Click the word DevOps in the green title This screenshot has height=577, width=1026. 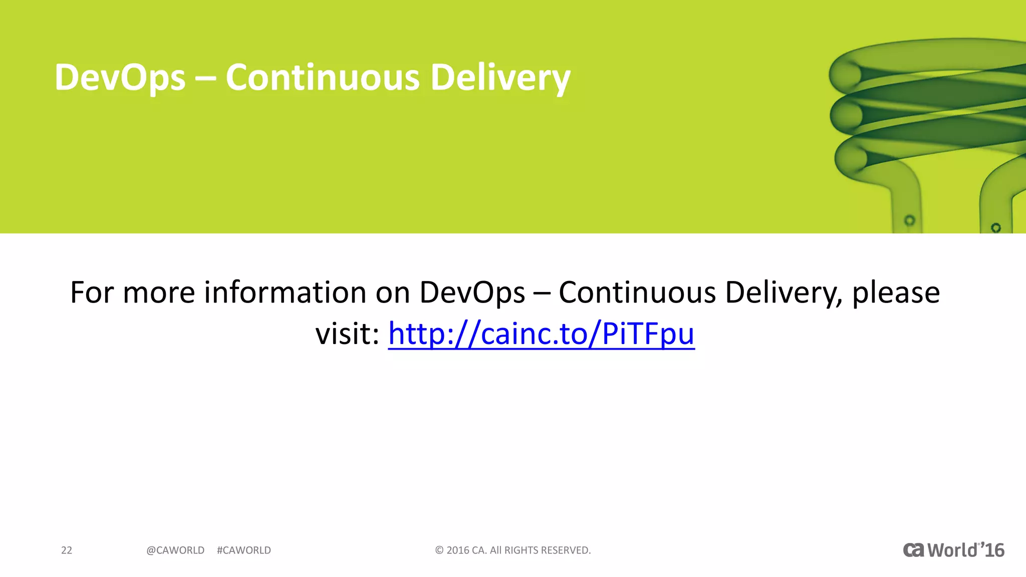coord(120,78)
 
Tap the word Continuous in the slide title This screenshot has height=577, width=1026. coord(323,78)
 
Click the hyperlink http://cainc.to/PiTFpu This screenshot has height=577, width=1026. coord(541,334)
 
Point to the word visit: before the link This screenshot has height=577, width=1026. coord(347,334)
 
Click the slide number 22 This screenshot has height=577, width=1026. coord(67,550)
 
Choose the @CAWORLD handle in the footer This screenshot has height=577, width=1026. coord(175,550)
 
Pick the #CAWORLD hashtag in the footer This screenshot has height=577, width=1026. coord(244,550)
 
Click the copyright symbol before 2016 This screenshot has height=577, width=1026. coord(439,550)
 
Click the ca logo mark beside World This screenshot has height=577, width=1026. coord(913,550)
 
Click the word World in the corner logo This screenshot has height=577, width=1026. coord(952,550)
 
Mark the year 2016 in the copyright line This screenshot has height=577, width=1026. coord(458,550)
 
